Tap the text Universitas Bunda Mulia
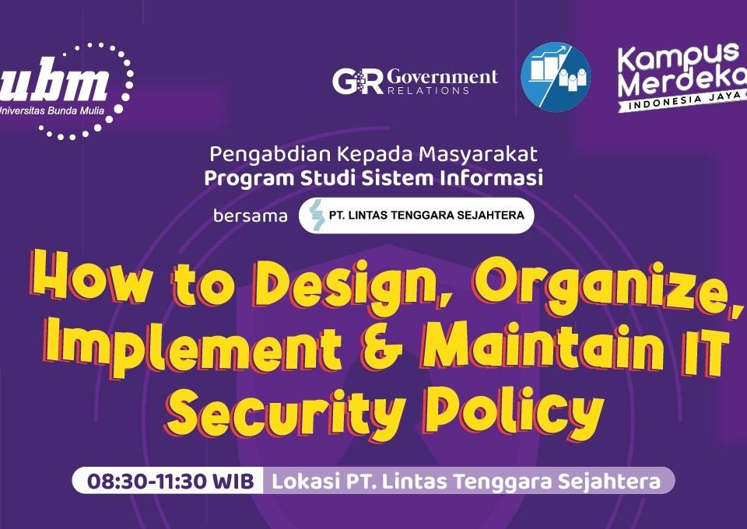coord(51,110)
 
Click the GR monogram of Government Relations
coord(358,82)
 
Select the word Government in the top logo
coord(443,76)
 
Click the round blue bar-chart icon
coord(556,77)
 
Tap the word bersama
coord(250,215)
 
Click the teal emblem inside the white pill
coord(316,215)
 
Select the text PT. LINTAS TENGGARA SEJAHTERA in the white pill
coord(426,215)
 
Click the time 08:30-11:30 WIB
coord(170,482)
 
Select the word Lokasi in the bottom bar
coord(305,482)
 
